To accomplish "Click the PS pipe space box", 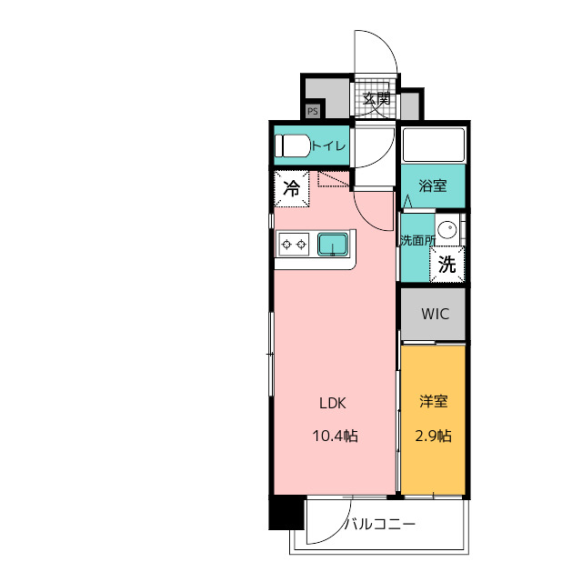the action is point(313,111).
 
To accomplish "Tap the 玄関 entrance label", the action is point(376,99).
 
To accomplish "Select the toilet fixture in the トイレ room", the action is point(293,145).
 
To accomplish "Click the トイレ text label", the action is point(329,145).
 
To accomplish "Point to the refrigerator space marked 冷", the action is point(292,188).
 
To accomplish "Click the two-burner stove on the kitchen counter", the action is point(294,245).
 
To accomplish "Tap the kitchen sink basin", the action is point(333,245).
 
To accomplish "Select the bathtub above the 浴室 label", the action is point(434,145).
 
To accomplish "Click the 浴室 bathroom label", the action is point(433,186).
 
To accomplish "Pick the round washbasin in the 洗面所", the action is point(447,229).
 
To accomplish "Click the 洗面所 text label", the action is point(417,240).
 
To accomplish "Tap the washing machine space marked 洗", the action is point(447,265).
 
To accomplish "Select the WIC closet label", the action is point(435,314).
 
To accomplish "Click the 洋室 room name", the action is point(434,402).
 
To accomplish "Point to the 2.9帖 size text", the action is point(433,436).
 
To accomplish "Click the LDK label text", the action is point(333,403).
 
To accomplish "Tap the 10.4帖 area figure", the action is point(336,436).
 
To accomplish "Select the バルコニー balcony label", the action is point(380,524).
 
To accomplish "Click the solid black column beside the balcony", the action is point(286,513).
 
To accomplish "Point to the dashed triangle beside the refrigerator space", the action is point(333,178).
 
